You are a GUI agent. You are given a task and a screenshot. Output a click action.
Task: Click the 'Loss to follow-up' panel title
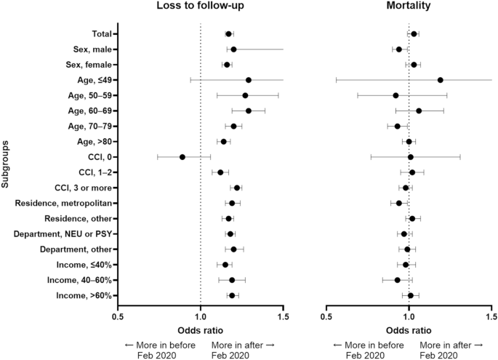(201, 8)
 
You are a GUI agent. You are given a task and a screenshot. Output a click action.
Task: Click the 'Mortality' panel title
(409, 8)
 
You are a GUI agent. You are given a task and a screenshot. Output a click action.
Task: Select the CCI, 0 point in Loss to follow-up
(182, 157)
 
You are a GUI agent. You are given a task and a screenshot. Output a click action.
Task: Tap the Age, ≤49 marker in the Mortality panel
(441, 80)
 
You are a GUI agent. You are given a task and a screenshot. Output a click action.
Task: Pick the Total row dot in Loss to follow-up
(228, 34)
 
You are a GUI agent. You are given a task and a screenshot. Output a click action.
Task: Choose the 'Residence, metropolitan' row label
(63, 203)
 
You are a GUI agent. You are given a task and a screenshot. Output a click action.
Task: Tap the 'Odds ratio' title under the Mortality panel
(409, 331)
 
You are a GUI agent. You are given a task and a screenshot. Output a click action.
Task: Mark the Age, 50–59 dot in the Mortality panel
(395, 95)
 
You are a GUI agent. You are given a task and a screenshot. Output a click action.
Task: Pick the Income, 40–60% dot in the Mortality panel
(398, 280)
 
